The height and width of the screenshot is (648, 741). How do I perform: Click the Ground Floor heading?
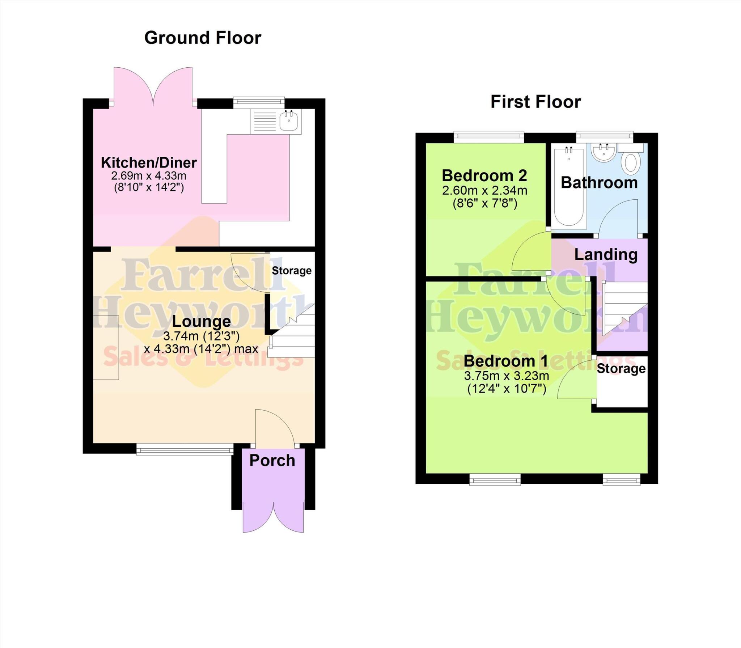(x=203, y=38)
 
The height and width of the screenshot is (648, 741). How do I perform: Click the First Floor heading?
(x=535, y=102)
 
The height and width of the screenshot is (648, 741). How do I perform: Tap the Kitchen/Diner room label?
(x=149, y=163)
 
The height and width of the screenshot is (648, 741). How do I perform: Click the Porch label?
(x=272, y=461)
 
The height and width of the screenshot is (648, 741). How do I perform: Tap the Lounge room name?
(x=201, y=321)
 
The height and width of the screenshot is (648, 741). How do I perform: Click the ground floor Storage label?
(x=292, y=270)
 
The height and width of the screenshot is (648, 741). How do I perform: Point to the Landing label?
(x=606, y=254)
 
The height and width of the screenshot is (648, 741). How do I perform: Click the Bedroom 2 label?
(x=484, y=176)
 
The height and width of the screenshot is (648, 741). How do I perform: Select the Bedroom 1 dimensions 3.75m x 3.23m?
(x=507, y=376)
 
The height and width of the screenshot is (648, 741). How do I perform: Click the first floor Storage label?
(x=621, y=368)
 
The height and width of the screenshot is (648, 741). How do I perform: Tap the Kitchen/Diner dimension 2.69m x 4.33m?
(x=149, y=176)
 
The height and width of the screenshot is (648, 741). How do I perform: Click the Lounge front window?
(x=185, y=450)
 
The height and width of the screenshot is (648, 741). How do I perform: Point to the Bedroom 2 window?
(x=489, y=136)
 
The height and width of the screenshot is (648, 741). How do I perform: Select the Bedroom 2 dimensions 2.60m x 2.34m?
(x=484, y=190)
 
